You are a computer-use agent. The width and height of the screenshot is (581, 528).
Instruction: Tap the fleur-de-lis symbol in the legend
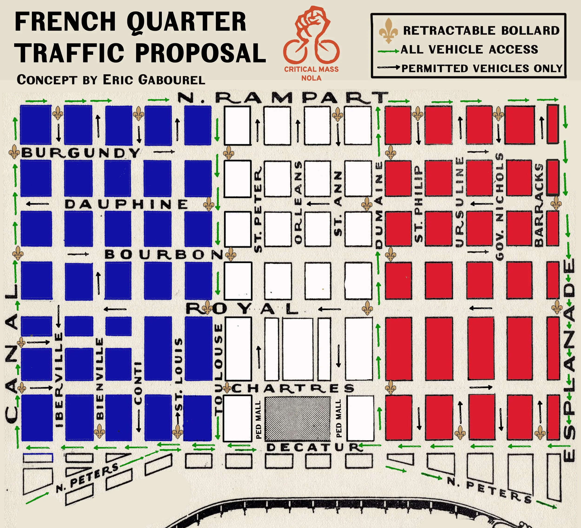(388, 30)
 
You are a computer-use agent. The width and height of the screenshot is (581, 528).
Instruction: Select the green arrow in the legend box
(388, 51)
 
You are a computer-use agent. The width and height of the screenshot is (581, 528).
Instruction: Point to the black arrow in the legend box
(388, 68)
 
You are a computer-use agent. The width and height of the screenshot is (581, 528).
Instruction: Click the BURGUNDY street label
(81, 153)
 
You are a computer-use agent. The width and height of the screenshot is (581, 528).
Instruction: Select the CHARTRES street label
(293, 389)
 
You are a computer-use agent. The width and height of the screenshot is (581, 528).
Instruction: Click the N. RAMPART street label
(282, 98)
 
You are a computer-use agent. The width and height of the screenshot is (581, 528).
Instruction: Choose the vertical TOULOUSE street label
(219, 369)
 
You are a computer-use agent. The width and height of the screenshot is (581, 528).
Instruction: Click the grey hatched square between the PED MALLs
(298, 419)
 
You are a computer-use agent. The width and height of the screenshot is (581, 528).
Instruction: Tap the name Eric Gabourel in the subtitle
(154, 80)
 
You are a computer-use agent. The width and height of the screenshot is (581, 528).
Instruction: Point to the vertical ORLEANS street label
(298, 202)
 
